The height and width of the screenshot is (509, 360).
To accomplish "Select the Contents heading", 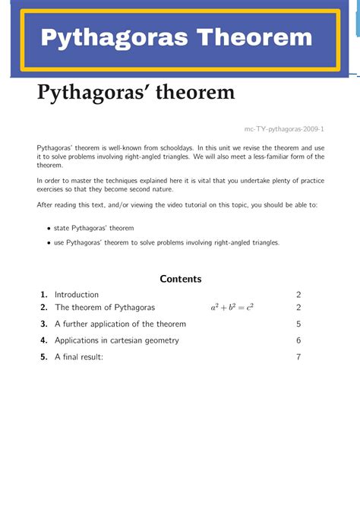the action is pyautogui.click(x=181, y=279).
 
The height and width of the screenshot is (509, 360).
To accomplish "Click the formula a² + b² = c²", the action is pyautogui.click(x=232, y=308).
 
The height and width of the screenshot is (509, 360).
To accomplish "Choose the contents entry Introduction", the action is pyautogui.click(x=77, y=295).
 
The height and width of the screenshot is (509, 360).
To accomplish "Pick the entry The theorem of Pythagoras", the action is pyautogui.click(x=105, y=308).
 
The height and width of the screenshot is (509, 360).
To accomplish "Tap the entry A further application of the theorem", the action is pyautogui.click(x=120, y=324).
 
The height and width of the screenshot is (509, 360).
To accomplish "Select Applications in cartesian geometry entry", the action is pyautogui.click(x=117, y=340).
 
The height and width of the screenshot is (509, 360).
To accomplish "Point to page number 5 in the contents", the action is pyautogui.click(x=299, y=324).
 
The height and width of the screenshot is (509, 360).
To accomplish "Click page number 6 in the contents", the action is pyautogui.click(x=299, y=340).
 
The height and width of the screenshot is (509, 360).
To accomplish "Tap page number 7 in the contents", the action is pyautogui.click(x=299, y=356).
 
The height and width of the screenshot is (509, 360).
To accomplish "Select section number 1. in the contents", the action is pyautogui.click(x=45, y=295).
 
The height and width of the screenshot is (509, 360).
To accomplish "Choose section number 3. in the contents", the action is pyautogui.click(x=45, y=324).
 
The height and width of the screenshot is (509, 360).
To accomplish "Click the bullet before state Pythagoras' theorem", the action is pyautogui.click(x=49, y=228).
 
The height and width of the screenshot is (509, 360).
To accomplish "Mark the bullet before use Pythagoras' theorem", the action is pyautogui.click(x=49, y=243).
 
